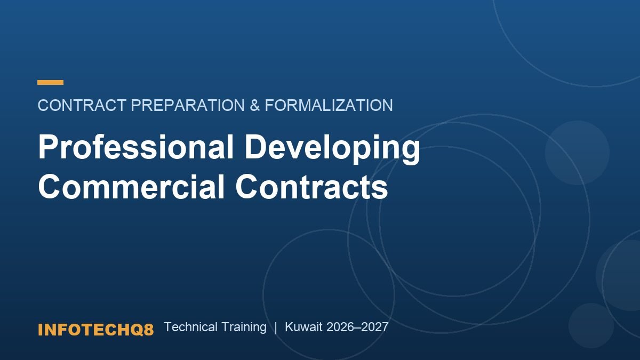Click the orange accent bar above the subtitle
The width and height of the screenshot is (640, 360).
(x=50, y=83)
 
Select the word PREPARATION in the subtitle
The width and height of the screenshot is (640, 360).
(x=188, y=105)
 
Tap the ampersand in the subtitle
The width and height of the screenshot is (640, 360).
(x=254, y=105)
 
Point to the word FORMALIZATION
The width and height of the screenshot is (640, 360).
(x=329, y=105)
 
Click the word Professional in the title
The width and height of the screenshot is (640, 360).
(x=136, y=147)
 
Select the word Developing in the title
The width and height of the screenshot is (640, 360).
(x=332, y=149)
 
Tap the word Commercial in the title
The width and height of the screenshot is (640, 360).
(x=131, y=187)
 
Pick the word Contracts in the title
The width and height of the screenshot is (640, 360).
(x=311, y=187)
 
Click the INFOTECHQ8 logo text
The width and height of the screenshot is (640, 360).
(x=95, y=330)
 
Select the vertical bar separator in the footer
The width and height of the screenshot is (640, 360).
(x=276, y=327)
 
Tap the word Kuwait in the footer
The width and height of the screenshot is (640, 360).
(x=303, y=327)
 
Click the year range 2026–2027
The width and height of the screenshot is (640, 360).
(x=357, y=327)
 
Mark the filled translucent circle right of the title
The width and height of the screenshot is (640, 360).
(x=577, y=153)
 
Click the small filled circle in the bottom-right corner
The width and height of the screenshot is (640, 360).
(x=591, y=325)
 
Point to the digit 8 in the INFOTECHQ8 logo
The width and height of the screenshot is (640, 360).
(x=149, y=330)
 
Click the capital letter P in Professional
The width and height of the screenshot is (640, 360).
(x=47, y=147)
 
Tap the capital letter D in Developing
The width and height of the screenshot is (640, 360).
(x=255, y=147)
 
